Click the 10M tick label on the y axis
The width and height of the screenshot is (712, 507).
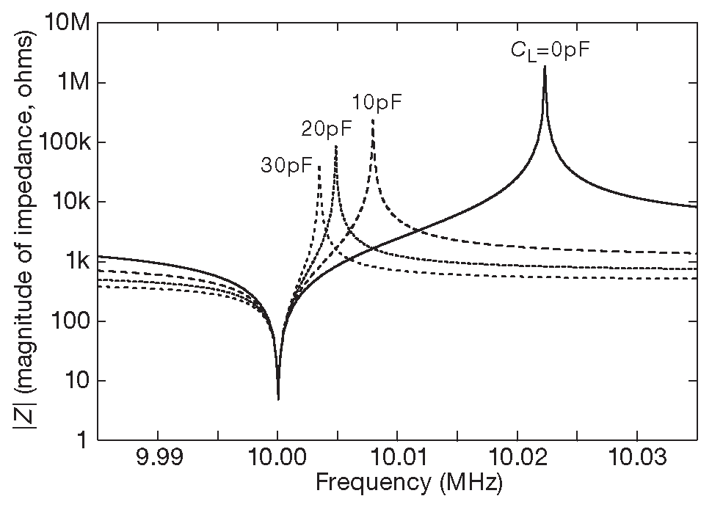click(68, 23)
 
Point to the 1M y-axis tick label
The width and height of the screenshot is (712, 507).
click(73, 82)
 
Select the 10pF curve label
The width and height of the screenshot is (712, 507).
click(377, 102)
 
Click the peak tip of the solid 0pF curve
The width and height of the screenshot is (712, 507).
click(545, 68)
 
